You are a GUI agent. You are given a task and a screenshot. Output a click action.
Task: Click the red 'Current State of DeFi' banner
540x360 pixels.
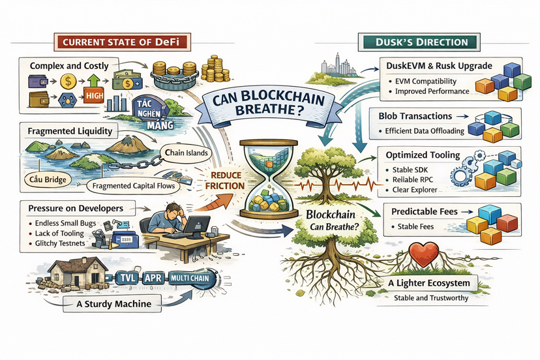click(122, 42)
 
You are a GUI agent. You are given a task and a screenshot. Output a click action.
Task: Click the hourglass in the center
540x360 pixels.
click(269, 179)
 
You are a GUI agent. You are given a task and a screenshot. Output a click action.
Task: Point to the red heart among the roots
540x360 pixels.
click(424, 254)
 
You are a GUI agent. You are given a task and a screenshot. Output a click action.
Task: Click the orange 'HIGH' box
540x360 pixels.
click(94, 95)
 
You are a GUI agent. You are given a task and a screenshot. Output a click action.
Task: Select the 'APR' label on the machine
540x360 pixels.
click(153, 278)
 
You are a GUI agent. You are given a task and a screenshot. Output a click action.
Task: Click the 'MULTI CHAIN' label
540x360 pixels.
click(190, 278)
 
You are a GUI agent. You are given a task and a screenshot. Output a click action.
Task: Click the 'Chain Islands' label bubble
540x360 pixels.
click(187, 153)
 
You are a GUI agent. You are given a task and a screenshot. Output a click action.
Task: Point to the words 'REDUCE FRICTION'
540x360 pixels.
click(225, 181)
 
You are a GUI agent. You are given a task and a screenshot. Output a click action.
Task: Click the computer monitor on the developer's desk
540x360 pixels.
click(197, 226)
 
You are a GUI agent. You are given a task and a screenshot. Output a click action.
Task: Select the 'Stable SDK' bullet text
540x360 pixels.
click(410, 170)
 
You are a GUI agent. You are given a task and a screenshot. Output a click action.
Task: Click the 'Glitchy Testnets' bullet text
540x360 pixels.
click(60, 243)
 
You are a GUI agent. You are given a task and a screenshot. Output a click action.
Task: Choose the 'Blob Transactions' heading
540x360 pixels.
click(415, 116)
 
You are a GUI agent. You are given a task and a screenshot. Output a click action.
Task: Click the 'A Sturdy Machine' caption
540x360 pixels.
click(113, 304)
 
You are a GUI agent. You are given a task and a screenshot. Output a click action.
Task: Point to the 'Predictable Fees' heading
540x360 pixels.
click(425, 211)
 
